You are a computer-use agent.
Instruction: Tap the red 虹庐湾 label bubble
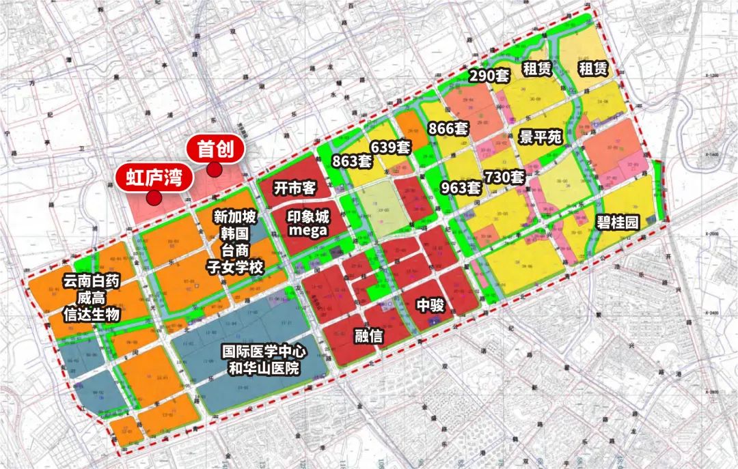[154, 178]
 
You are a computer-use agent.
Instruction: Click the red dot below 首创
[215, 171]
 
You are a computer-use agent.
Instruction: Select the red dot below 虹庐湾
[154, 199]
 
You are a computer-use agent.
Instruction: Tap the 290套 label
[489, 76]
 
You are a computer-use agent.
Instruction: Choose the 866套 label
[448, 128]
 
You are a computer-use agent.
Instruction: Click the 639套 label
[390, 146]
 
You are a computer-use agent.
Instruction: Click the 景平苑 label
[540, 137]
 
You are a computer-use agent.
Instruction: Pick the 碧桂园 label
[617, 223]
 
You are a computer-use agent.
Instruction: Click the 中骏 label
[430, 305]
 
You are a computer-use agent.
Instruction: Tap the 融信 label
[368, 336]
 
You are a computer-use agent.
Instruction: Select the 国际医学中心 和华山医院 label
[264, 360]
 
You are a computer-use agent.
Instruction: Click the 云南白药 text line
[91, 281]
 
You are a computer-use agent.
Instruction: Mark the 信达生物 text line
[91, 314]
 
